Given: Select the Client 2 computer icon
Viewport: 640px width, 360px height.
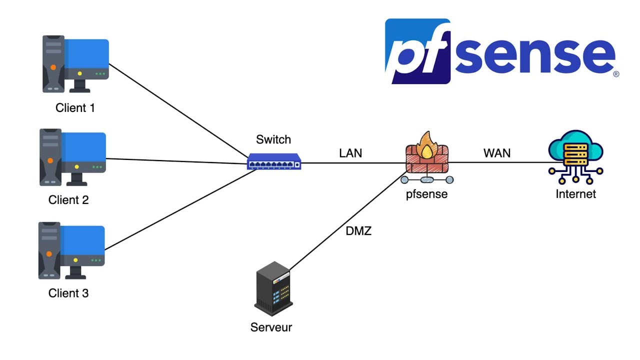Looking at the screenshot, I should click(x=73, y=157).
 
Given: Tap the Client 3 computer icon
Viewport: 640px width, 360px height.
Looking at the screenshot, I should click(x=72, y=250).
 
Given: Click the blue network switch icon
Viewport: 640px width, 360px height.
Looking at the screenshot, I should click(x=274, y=162).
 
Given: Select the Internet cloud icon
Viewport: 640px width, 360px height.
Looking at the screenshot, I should click(x=575, y=152).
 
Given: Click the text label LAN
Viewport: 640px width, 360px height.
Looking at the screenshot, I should click(x=350, y=153).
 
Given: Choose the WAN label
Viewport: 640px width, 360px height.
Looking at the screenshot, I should click(x=497, y=153).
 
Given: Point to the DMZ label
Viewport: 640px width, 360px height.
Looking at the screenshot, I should click(x=358, y=231).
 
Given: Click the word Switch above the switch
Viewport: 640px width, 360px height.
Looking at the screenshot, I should click(x=273, y=139).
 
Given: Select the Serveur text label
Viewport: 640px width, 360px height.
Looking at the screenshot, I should click(x=271, y=327).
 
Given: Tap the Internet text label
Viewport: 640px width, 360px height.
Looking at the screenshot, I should click(x=575, y=194).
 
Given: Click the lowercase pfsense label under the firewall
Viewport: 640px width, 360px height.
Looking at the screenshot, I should click(x=426, y=194).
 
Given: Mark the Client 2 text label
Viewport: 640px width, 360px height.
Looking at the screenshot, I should click(x=68, y=200).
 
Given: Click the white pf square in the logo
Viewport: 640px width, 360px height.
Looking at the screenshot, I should click(x=418, y=51).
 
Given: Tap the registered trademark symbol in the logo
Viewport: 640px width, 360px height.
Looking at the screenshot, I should click(x=616, y=73).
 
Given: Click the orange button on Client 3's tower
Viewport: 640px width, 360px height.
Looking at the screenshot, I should click(x=49, y=254).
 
